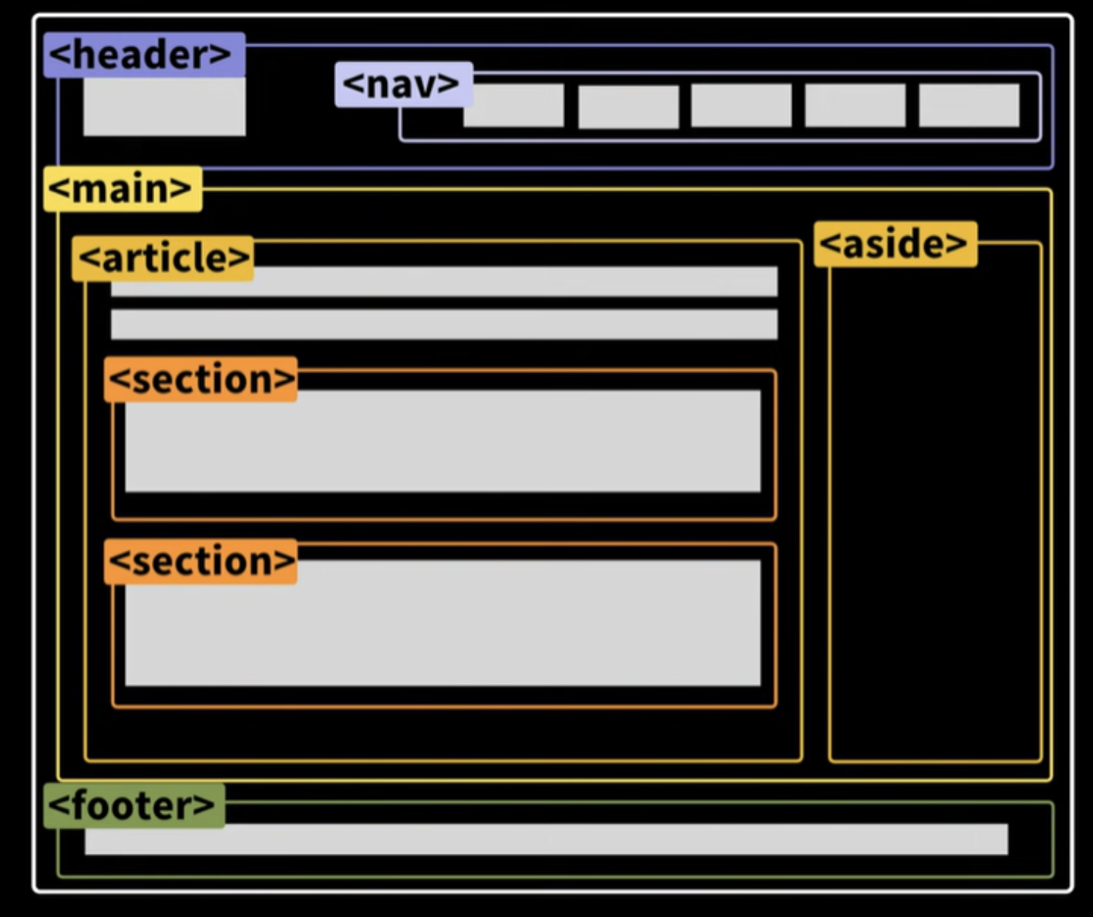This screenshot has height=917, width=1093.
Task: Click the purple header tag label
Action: tap(144, 55)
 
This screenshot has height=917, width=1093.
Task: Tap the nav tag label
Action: tap(404, 84)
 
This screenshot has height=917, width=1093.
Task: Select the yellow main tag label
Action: tap(123, 189)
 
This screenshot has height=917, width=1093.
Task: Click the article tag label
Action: tap(163, 259)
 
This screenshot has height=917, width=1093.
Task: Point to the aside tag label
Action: tap(895, 244)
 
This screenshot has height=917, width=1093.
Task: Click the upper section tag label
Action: tap(200, 379)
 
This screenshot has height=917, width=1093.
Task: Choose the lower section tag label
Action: tap(200, 561)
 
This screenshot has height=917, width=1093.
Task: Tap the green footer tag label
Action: tap(134, 806)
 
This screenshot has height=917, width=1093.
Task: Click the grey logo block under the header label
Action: tap(164, 107)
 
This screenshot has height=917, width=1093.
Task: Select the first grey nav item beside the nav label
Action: tap(513, 106)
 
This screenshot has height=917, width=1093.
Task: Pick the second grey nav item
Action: tap(629, 107)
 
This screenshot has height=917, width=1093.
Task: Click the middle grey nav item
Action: tap(742, 106)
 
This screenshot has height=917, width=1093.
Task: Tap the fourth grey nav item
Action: tap(856, 106)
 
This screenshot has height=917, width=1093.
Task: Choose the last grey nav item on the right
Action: tap(970, 106)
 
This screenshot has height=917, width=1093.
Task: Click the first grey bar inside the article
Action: tap(445, 282)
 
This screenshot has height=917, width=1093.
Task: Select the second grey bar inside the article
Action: tap(445, 324)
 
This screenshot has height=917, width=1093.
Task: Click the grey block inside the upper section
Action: tap(443, 442)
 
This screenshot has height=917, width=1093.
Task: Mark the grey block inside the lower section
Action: tap(443, 623)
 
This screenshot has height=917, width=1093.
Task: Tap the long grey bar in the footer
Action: tap(546, 839)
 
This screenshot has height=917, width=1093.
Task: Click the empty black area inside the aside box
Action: tap(936, 513)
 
